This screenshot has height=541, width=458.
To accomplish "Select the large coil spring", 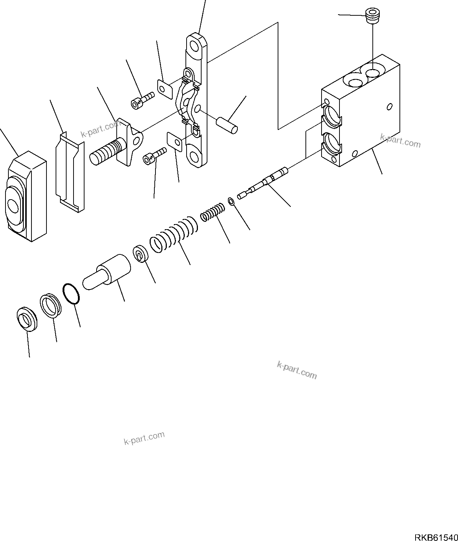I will [x=173, y=234].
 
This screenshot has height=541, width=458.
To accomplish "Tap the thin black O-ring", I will [x=72, y=294].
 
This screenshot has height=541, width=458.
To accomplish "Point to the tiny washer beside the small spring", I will [x=231, y=201].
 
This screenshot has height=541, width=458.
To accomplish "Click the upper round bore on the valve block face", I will [x=333, y=116].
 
